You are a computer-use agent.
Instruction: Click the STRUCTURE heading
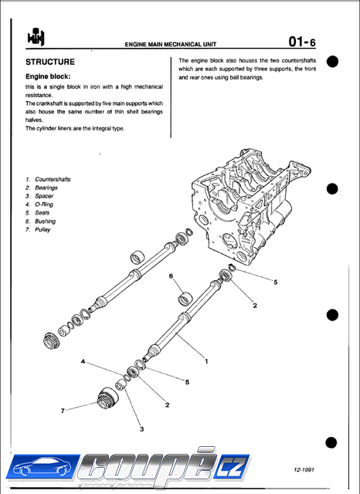[50, 62]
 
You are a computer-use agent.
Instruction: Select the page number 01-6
[302, 42]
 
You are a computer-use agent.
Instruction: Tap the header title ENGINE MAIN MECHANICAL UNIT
[171, 45]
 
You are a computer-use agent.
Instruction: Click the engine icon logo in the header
[36, 37]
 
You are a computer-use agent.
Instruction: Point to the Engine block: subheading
[48, 76]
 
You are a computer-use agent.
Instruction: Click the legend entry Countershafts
[53, 179]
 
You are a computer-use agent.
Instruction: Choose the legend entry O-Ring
[44, 205]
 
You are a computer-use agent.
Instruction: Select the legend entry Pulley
[42, 230]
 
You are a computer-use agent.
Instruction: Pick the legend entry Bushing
[45, 222]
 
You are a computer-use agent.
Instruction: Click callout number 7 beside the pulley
[63, 411]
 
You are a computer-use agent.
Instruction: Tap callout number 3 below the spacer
[142, 429]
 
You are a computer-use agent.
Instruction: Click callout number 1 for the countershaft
[206, 361]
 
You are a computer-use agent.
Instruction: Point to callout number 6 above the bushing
[171, 276]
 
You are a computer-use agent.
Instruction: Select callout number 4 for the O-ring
[83, 361]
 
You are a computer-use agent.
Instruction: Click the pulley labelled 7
[108, 398]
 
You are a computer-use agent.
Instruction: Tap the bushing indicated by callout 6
[185, 299]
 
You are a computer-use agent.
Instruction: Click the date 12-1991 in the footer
[304, 470]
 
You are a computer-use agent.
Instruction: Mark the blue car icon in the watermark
[42, 467]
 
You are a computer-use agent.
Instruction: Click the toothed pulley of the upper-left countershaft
[50, 340]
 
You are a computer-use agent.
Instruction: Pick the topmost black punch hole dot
[332, 62]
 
